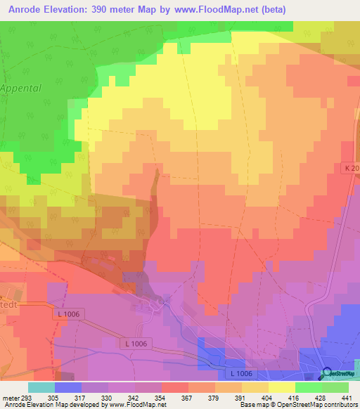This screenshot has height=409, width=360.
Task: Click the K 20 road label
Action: (351, 169)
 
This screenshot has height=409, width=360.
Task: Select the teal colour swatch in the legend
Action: (41, 387)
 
